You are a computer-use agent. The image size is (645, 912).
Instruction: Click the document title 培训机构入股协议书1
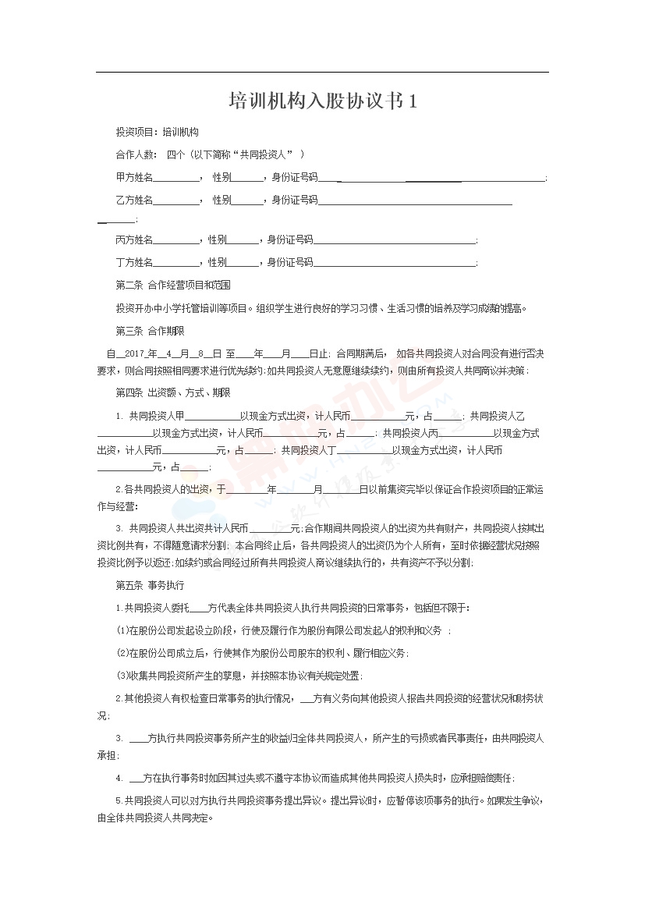pyautogui.click(x=322, y=101)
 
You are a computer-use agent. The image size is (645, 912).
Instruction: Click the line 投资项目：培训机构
pyautogui.click(x=157, y=133)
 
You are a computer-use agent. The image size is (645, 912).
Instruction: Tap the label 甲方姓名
pyautogui.click(x=134, y=178)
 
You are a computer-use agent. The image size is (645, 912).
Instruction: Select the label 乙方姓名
pyautogui.click(x=134, y=200)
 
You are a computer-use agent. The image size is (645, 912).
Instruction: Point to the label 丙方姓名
pyautogui.click(x=134, y=240)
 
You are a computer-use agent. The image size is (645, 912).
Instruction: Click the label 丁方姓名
pyautogui.click(x=134, y=262)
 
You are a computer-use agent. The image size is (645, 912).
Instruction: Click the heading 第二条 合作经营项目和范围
pyautogui.click(x=173, y=285)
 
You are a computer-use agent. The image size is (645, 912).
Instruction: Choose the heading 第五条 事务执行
pyautogui.click(x=150, y=584)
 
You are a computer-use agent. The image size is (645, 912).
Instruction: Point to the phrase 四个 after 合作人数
pyautogui.click(x=175, y=155)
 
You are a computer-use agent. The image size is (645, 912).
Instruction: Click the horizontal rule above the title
pyautogui.click(x=322, y=73)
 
